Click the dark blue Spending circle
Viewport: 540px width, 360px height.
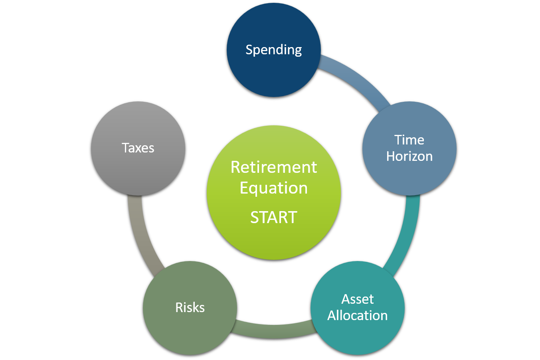(x=274, y=72)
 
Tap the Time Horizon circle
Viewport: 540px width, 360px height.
(x=409, y=176)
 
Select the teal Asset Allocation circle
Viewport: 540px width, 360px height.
(x=358, y=335)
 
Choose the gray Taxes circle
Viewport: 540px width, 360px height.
(x=138, y=172)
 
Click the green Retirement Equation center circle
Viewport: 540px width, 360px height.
(x=274, y=243)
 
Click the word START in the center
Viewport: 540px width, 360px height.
(x=274, y=218)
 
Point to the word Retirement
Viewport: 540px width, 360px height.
(x=274, y=167)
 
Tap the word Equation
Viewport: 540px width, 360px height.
(x=274, y=188)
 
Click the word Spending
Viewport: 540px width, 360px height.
(x=274, y=50)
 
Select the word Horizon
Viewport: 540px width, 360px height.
(x=409, y=156)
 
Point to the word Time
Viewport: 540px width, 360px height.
(x=409, y=140)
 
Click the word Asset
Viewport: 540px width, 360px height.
(x=358, y=299)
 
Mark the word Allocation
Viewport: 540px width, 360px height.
(x=358, y=315)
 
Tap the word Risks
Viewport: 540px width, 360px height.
(x=190, y=307)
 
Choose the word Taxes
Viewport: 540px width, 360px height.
(x=138, y=148)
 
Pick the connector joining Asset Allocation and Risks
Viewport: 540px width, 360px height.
(x=274, y=331)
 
